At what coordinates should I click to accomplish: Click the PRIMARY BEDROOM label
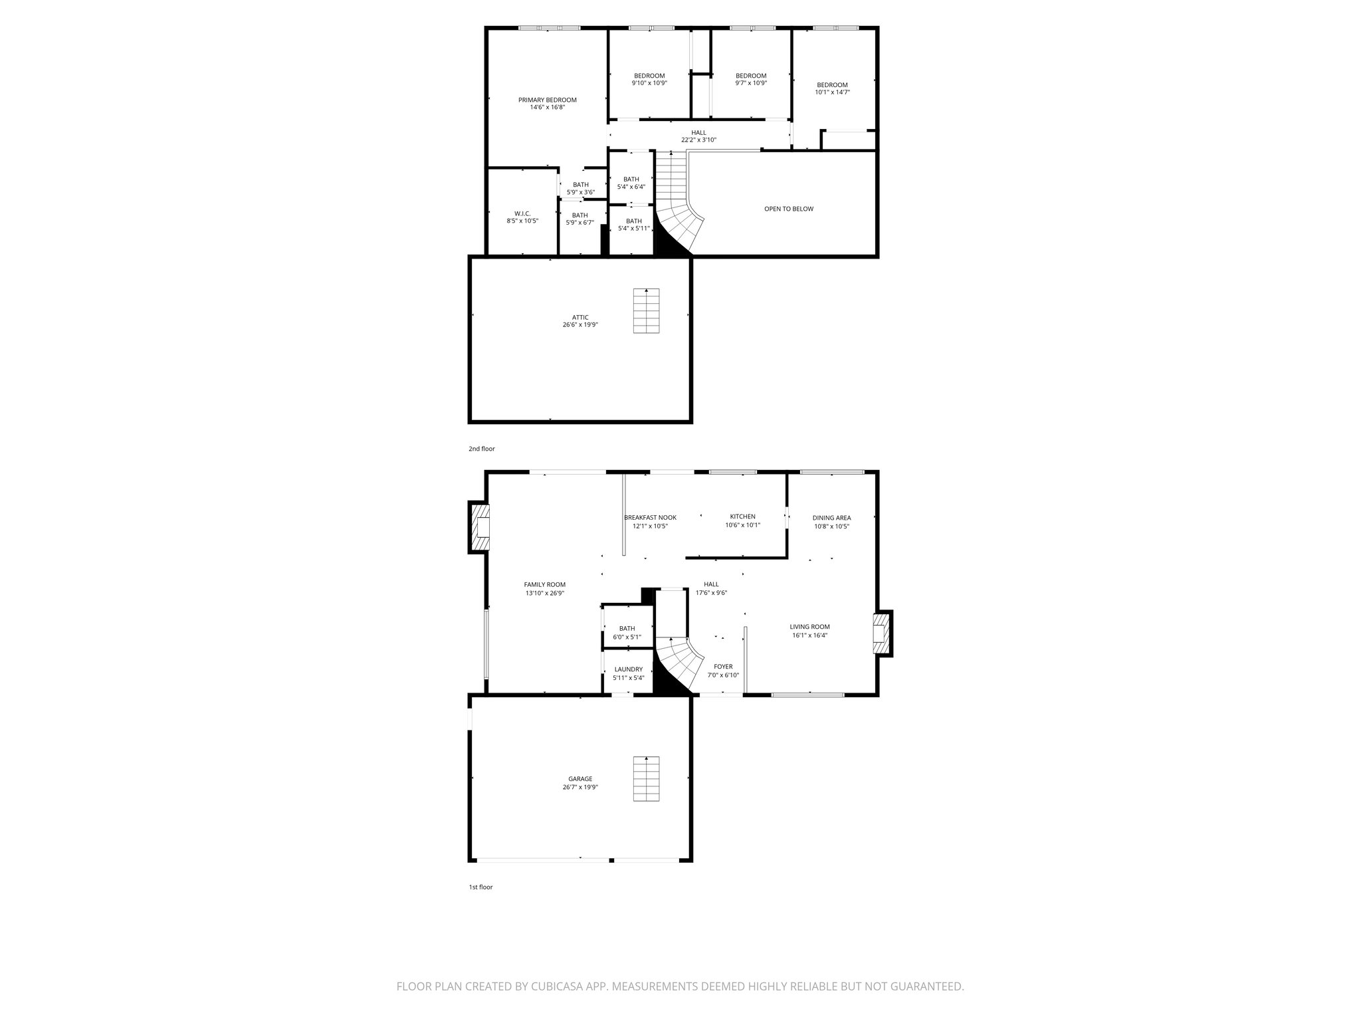click(x=547, y=100)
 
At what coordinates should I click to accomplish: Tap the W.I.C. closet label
click(x=522, y=213)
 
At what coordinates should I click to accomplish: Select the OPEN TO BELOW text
click(x=788, y=209)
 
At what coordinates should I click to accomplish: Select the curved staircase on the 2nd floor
click(x=678, y=213)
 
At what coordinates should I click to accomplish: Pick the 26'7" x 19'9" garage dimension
click(x=579, y=787)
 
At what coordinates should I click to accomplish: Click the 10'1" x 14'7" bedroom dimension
click(x=832, y=92)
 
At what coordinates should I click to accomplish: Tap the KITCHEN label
click(x=742, y=516)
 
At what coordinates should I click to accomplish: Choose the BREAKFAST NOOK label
click(x=650, y=517)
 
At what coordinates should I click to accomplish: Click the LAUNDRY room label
click(x=628, y=669)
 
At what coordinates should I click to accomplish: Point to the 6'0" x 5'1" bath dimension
click(x=627, y=637)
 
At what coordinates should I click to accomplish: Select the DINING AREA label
click(x=831, y=518)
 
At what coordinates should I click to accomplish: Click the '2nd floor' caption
click(x=481, y=449)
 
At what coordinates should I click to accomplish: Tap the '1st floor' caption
click(x=480, y=887)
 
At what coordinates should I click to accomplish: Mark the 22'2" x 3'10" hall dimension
click(x=698, y=140)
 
